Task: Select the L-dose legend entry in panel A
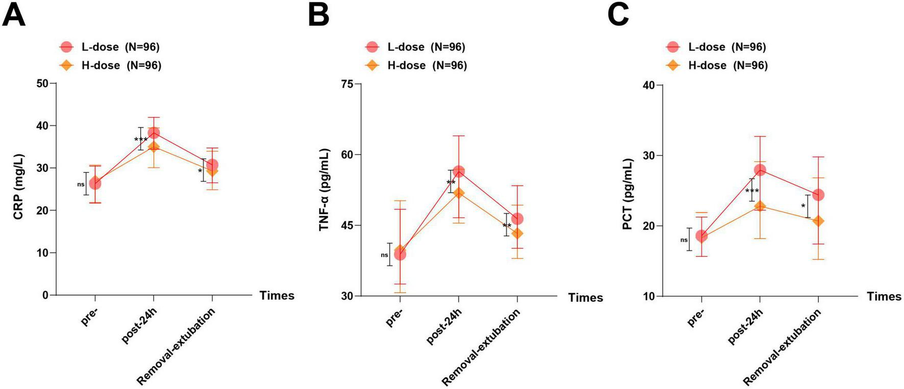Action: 110,47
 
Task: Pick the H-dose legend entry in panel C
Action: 717,65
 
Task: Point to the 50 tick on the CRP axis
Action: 42,83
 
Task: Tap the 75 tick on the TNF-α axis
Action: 347,84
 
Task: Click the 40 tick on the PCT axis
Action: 648,85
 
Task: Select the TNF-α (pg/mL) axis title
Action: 324,190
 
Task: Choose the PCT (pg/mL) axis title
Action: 627,194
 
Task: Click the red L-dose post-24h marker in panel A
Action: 154,133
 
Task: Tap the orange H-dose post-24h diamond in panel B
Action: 458,193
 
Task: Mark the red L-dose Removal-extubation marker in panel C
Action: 818,195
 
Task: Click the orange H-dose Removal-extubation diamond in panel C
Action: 818,221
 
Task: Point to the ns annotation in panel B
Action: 385,255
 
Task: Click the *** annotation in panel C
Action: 752,192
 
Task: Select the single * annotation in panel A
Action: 200,172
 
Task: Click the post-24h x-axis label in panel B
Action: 444,326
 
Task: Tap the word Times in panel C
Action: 884,297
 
